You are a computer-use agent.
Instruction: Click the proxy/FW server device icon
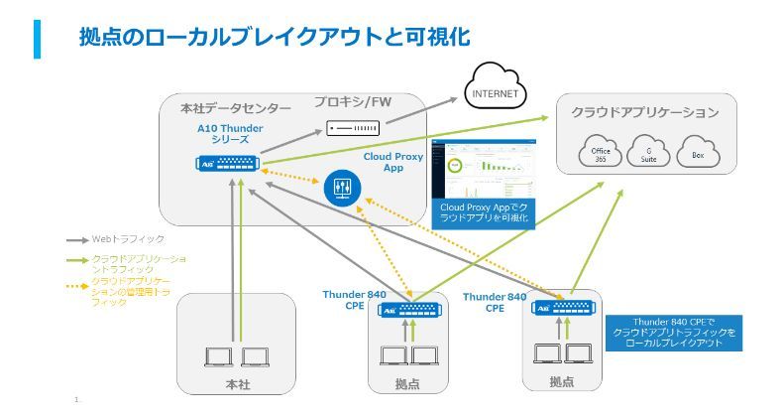click(x=353, y=128)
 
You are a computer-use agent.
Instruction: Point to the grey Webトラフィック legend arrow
click(x=76, y=239)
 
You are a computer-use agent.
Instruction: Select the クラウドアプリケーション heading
click(x=645, y=112)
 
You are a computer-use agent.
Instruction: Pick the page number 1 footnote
click(x=75, y=399)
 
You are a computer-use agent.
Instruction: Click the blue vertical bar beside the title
click(x=38, y=37)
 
